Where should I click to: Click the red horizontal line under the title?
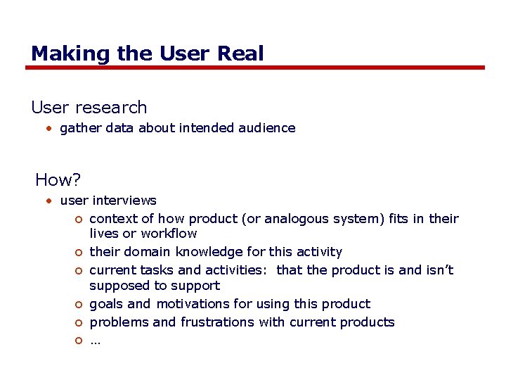254,68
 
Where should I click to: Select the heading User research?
89,108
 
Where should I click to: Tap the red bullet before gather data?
48,128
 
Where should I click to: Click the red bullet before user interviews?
48,201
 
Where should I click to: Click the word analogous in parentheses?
275,219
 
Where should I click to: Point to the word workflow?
169,234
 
